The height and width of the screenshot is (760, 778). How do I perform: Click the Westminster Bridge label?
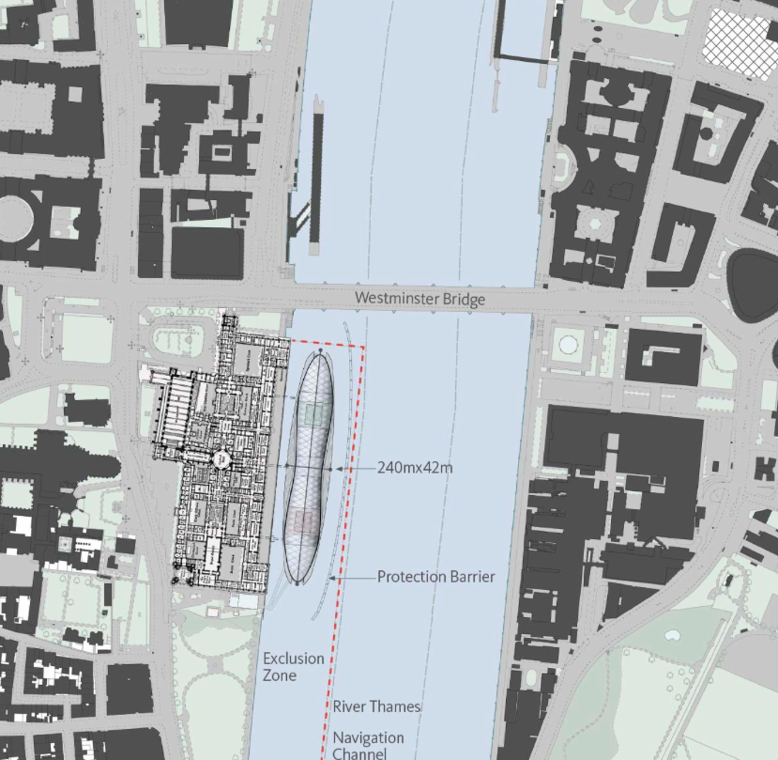coord(420,299)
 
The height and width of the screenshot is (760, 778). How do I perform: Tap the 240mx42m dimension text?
coord(415,466)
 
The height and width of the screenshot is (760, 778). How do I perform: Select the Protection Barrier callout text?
coord(435,577)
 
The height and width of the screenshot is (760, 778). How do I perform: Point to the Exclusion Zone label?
coord(293,667)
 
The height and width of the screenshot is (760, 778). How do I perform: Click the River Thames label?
coord(376,706)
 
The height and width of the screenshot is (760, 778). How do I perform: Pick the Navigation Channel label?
coord(368,745)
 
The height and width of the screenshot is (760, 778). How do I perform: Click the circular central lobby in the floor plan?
coord(222,458)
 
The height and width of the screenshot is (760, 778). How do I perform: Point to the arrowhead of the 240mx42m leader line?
coord(337,467)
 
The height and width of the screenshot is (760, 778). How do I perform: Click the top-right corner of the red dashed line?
coord(363,347)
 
